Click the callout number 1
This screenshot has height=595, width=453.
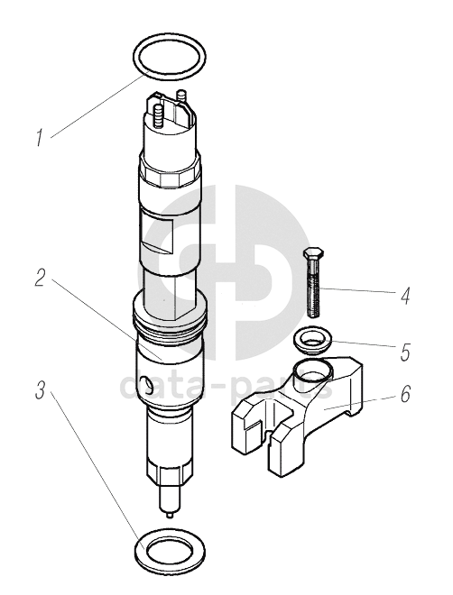click(41, 138)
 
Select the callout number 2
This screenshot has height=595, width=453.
click(40, 278)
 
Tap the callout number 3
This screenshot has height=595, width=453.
click(41, 390)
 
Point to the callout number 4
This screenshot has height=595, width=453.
click(405, 296)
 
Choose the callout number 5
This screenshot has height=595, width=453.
click(405, 352)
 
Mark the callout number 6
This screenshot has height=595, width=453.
click(405, 393)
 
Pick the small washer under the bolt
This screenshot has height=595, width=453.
click(313, 341)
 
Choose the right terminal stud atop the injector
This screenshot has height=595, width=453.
click(181, 96)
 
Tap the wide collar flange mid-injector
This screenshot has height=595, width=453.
click(170, 312)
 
